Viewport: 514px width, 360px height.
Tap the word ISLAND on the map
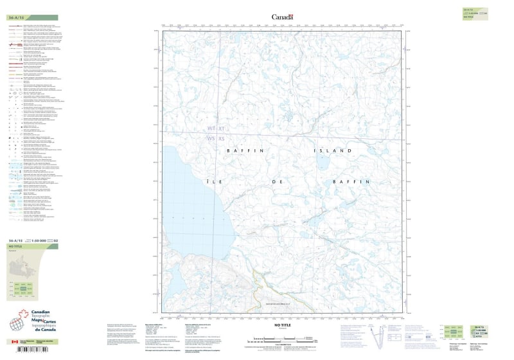coord(332,150)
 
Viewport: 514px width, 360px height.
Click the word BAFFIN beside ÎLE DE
coord(351,182)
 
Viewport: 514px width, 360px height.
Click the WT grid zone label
coord(211,129)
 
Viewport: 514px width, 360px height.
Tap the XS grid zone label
coord(222,138)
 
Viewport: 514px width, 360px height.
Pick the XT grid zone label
coord(222,129)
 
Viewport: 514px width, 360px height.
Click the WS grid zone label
coord(211,138)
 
